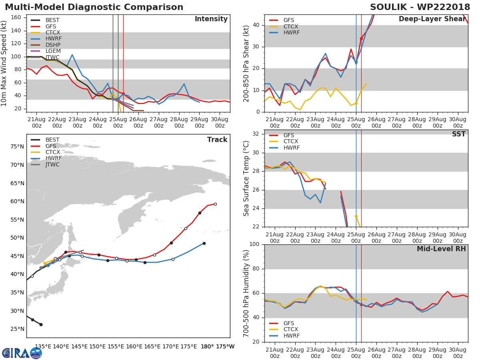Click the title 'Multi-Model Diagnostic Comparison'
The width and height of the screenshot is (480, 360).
[94, 7]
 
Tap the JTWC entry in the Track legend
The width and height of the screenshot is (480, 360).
[52, 164]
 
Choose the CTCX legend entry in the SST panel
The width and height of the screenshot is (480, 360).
[291, 142]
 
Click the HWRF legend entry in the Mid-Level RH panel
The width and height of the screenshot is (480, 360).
[291, 336]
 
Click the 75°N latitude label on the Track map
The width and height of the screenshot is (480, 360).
[17, 147]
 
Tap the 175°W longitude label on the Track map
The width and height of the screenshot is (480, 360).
[225, 346]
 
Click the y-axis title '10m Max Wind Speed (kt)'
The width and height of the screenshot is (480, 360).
[4, 63]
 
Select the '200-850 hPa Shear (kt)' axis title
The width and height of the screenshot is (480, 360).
[246, 63]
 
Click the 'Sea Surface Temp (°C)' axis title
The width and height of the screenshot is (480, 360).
[246, 178]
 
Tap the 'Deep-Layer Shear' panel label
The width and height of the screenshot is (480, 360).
[432, 19]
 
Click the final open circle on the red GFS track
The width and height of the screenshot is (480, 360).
[215, 204]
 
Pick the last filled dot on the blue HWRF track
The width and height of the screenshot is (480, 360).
[204, 243]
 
